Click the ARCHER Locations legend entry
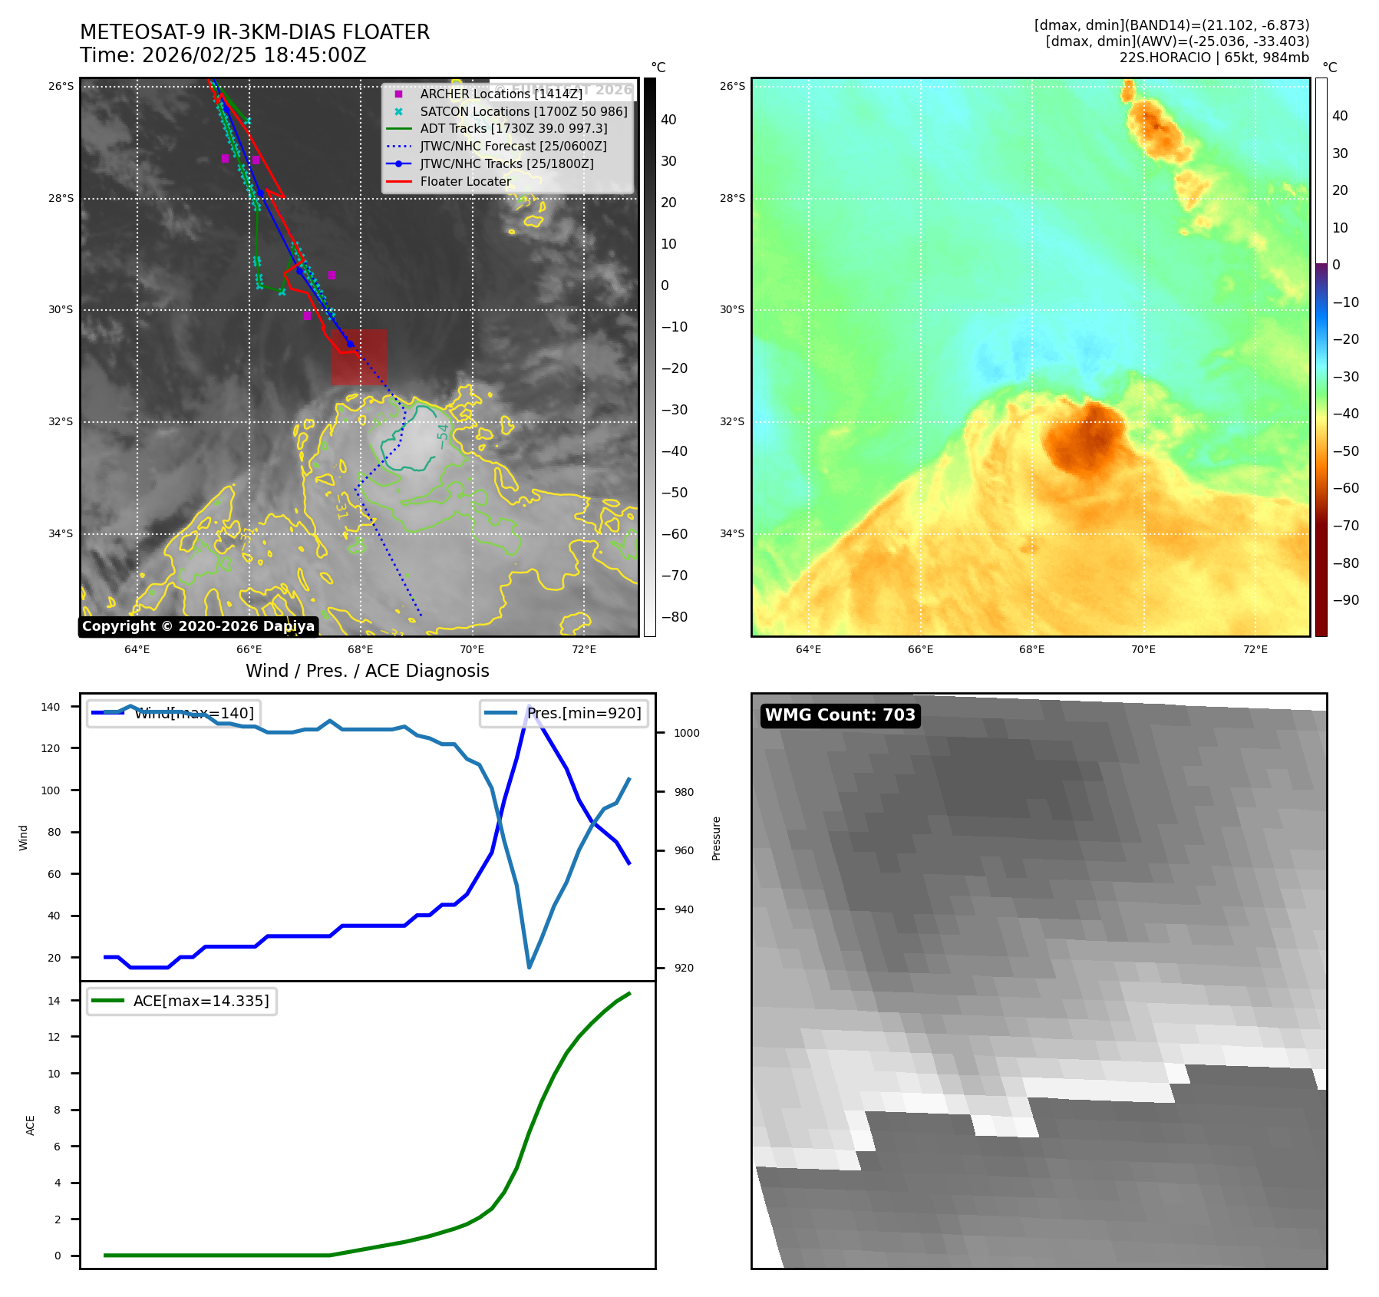500,94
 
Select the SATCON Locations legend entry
523,111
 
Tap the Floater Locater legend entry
465,181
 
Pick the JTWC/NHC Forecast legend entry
513,146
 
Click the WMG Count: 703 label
840,715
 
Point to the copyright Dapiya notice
198,626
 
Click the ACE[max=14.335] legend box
182,1001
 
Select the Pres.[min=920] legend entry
565,713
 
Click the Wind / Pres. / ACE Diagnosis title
367,671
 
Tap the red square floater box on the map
358,357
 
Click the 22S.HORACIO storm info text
1214,58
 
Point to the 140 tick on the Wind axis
51,707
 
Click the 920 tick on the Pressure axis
684,968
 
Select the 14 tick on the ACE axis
54,1001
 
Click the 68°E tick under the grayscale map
360,650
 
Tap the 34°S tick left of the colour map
731,533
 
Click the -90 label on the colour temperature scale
1345,600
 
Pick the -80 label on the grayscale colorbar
675,617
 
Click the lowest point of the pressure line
529,967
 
